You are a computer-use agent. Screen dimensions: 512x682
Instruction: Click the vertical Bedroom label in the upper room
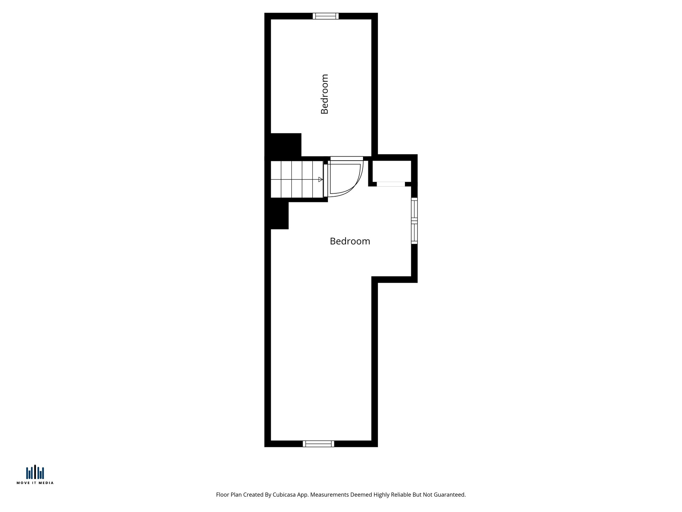pyautogui.click(x=325, y=94)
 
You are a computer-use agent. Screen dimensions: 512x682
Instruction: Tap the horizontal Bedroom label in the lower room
pyautogui.click(x=350, y=241)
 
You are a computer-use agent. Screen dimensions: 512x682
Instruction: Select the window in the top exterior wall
pyautogui.click(x=325, y=16)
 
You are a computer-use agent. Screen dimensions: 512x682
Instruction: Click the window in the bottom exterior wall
pyautogui.click(x=318, y=444)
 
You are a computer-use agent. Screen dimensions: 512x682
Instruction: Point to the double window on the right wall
pyautogui.click(x=414, y=221)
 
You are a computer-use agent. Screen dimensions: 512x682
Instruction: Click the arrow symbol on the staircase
pyautogui.click(x=320, y=179)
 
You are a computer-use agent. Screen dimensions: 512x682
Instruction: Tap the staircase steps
pyautogui.click(x=296, y=179)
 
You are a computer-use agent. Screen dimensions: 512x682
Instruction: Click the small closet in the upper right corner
pyautogui.click(x=392, y=171)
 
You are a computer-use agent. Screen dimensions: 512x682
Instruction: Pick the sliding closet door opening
pyautogui.click(x=391, y=184)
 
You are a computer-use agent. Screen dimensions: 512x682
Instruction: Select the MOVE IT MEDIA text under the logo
pyautogui.click(x=35, y=483)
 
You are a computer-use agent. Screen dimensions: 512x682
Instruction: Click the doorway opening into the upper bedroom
pyautogui.click(x=346, y=158)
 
